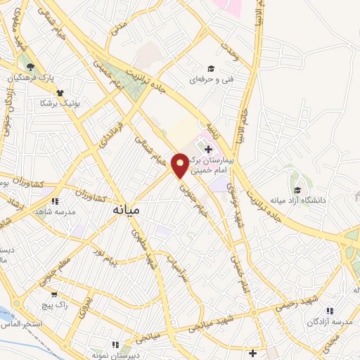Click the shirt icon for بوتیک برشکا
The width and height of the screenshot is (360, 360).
coord(60,92)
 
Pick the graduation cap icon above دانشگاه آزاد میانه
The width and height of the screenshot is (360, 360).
coord(297,191)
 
